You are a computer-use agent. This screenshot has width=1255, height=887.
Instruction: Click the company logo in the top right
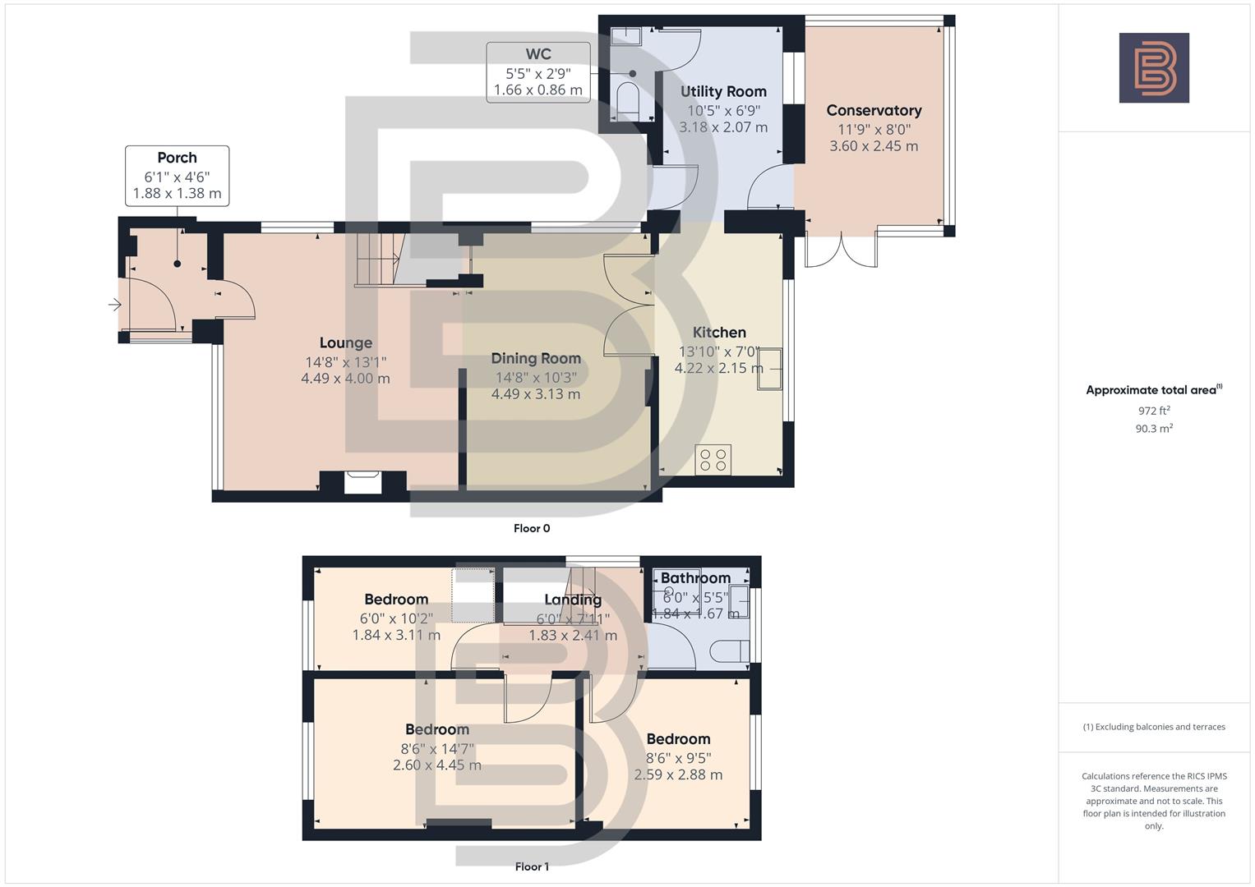(1153, 67)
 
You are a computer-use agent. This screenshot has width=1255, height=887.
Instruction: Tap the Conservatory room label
(874, 110)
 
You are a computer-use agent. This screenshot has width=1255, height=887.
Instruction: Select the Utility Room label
(723, 91)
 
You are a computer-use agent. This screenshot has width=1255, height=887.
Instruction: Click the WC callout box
(538, 72)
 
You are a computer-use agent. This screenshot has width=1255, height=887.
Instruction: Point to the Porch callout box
(177, 176)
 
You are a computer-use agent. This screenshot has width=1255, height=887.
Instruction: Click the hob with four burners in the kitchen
(713, 460)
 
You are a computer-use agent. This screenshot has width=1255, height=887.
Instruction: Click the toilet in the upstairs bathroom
(727, 652)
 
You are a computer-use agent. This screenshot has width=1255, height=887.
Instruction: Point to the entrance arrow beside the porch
(114, 306)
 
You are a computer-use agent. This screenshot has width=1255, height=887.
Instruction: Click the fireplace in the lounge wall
(362, 482)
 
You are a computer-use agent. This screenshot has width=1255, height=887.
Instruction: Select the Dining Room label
(536, 358)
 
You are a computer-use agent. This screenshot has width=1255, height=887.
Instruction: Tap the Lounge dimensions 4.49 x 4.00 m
(345, 379)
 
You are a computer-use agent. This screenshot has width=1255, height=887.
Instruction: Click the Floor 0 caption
(532, 528)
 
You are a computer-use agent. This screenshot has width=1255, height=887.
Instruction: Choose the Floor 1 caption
(532, 866)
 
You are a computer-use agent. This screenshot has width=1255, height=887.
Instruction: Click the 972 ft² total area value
(1154, 411)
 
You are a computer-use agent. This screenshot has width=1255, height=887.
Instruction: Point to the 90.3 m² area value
(1154, 428)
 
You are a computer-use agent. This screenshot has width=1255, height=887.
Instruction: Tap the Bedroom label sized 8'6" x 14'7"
(437, 729)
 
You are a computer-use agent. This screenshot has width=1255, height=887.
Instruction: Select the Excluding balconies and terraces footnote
(1154, 727)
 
